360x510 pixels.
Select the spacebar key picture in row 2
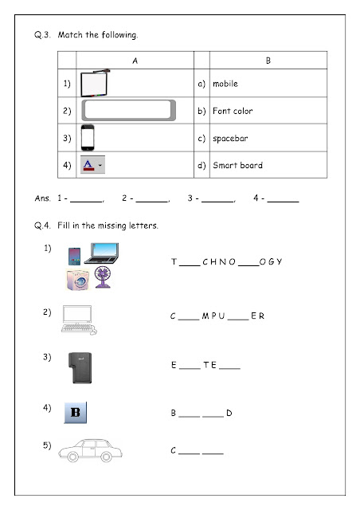point(128,111)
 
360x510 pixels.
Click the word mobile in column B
point(225,84)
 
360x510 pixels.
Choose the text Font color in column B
point(233,111)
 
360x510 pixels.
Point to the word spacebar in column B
point(230,138)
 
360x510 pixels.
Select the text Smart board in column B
point(237,166)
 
